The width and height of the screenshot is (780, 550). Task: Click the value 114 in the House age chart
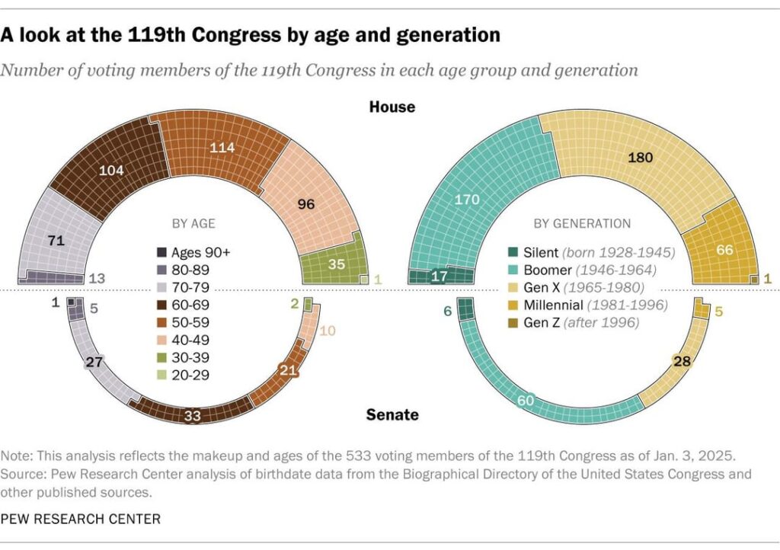[222, 148]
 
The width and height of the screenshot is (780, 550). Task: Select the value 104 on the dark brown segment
[112, 171]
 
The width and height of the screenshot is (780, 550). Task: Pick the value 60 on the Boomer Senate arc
[526, 401]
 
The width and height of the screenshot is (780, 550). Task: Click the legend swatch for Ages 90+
[161, 253]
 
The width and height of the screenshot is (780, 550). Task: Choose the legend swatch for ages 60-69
[161, 303]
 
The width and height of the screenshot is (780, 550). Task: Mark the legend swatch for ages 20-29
[161, 374]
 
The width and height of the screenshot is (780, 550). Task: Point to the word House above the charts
[392, 107]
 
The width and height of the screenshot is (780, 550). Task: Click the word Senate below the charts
[392, 415]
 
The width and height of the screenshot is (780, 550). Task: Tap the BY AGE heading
[193, 224]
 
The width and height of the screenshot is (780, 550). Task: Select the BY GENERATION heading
[582, 224]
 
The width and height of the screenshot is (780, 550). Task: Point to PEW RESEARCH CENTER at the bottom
[80, 519]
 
